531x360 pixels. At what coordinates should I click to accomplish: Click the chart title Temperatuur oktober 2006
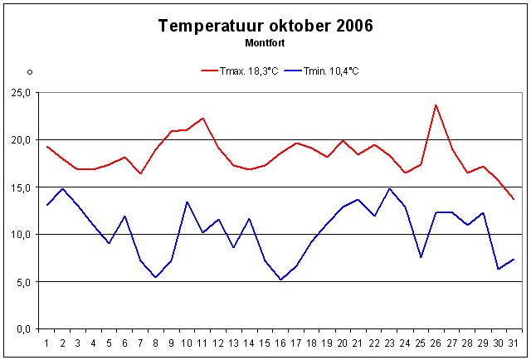(x=265, y=26)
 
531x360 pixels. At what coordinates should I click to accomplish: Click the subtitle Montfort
(x=265, y=41)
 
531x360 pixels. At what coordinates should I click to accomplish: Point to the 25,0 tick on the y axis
(x=21, y=93)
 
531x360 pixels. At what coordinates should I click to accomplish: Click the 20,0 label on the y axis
(x=21, y=140)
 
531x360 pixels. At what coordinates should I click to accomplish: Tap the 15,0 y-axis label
(x=21, y=187)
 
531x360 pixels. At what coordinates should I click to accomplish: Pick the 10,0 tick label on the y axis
(x=21, y=235)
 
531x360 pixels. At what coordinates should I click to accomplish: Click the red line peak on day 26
(x=436, y=105)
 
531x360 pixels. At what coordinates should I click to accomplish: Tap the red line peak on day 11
(x=202, y=118)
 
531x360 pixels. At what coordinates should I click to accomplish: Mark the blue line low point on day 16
(x=280, y=280)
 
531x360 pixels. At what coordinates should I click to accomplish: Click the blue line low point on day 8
(x=156, y=277)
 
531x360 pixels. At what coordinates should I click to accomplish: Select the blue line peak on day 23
(x=389, y=188)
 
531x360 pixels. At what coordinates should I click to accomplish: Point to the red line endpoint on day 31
(x=514, y=199)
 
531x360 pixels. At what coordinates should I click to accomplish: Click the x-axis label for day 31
(x=514, y=342)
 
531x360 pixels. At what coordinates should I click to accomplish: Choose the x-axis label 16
(x=280, y=342)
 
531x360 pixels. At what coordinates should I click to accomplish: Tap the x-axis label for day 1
(x=47, y=342)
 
